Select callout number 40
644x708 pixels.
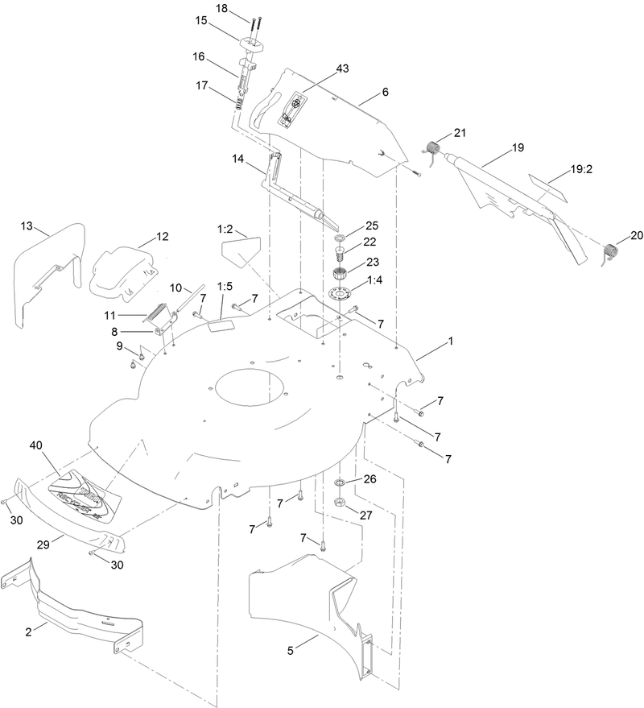click(36, 445)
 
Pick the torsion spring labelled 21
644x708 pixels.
click(432, 149)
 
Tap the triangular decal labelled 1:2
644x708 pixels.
click(237, 245)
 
